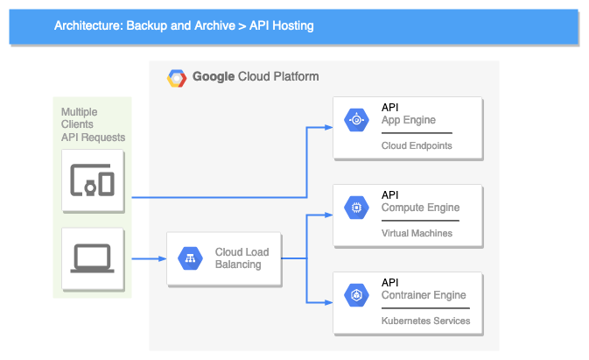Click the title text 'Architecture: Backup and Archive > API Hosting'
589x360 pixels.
click(184, 25)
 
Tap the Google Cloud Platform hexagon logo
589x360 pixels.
click(177, 77)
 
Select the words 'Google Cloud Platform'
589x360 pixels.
click(255, 77)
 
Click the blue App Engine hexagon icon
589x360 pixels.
click(356, 121)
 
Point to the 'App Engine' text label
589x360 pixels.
click(408, 121)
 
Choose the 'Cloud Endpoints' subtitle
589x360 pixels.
click(417, 145)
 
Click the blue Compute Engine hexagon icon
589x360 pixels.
click(356, 208)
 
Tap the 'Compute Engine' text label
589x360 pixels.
click(420, 208)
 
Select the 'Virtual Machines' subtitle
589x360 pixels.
click(417, 233)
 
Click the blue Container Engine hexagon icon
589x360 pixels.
click(356, 295)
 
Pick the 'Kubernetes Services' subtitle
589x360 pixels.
click(425, 321)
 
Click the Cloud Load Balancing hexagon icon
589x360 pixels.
click(190, 258)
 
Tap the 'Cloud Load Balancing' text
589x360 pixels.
click(242, 258)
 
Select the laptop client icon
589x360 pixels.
click(93, 258)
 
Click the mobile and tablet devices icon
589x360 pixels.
click(93, 180)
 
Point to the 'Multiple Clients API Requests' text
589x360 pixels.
click(92, 124)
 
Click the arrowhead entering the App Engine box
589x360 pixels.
click(329, 127)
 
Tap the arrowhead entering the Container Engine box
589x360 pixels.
click(329, 302)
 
